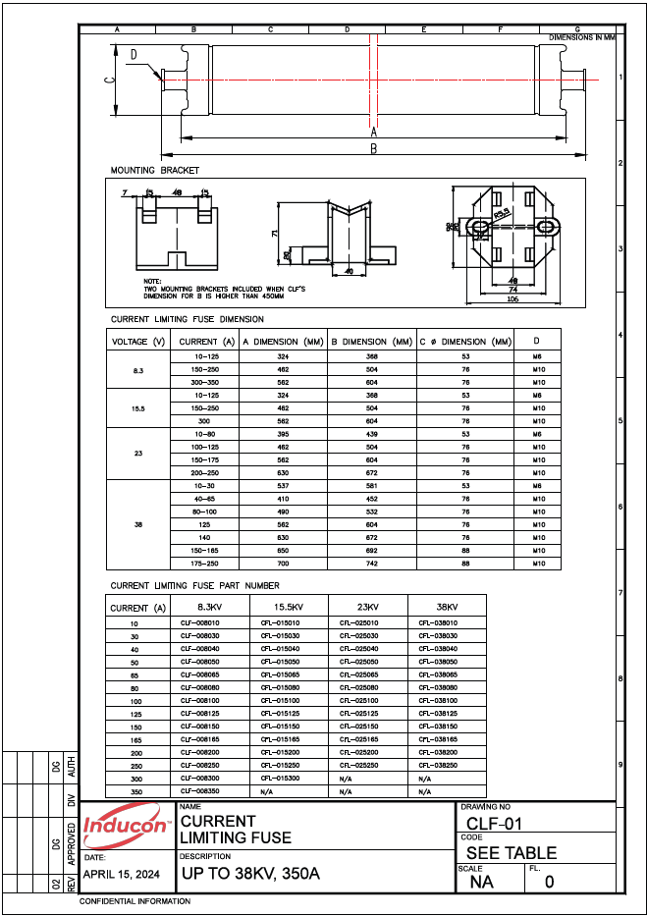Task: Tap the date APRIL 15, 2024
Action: (x=122, y=873)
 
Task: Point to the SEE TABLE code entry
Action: (x=511, y=853)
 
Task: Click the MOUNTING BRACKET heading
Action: (x=154, y=170)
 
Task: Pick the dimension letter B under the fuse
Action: (x=373, y=149)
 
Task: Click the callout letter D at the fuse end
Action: (x=134, y=55)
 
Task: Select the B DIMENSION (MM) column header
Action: (x=370, y=342)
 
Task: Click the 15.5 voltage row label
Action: (x=138, y=406)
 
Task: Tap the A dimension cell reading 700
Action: (x=283, y=564)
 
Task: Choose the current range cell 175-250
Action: (x=206, y=564)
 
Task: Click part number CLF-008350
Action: (x=200, y=790)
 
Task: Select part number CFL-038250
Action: (x=438, y=764)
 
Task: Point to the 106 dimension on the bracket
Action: (x=512, y=299)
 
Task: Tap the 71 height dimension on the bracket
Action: (x=274, y=234)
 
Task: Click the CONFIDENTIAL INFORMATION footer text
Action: (x=135, y=900)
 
